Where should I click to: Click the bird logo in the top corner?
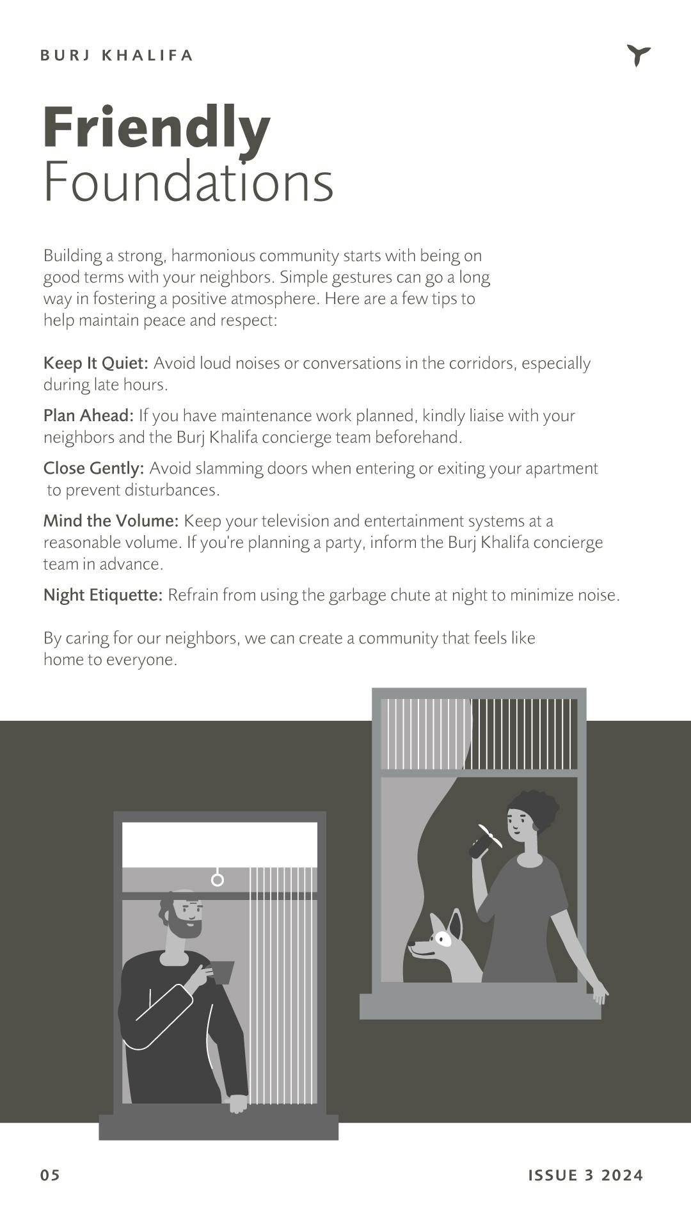(638, 56)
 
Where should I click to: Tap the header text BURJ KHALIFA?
(116, 56)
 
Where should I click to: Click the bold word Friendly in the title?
(157, 128)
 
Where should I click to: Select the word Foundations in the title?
(188, 182)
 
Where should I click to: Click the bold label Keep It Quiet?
(96, 363)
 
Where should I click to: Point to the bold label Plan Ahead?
(88, 415)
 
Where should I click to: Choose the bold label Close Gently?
(93, 468)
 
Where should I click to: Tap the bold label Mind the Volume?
(111, 520)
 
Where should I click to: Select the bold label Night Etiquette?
(103, 595)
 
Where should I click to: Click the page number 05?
(50, 1175)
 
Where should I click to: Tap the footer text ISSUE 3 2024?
(585, 1175)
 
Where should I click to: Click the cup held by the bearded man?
(221, 972)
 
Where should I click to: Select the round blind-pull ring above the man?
(218, 880)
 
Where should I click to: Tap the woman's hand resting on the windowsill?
(600, 993)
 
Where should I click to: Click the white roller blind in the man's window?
(219, 844)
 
